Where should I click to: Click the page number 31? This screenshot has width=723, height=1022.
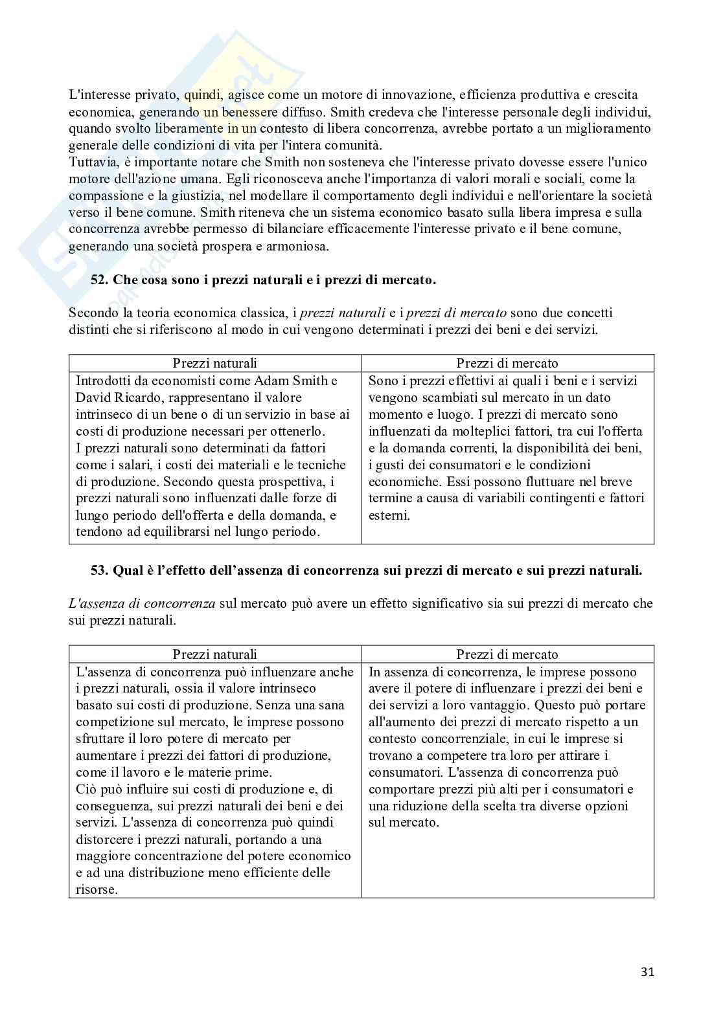tap(647, 972)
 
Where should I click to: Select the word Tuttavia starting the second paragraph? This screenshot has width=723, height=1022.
tap(91, 162)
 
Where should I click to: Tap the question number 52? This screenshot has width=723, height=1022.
tap(99, 280)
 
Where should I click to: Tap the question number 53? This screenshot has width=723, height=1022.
tap(99, 571)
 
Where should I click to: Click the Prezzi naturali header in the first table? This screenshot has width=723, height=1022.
tap(214, 363)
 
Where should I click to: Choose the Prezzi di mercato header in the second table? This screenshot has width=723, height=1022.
tap(507, 654)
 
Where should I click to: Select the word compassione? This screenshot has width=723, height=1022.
tap(105, 195)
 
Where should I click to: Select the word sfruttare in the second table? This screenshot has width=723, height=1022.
tap(99, 739)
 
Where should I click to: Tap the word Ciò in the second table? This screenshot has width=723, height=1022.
tap(86, 789)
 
